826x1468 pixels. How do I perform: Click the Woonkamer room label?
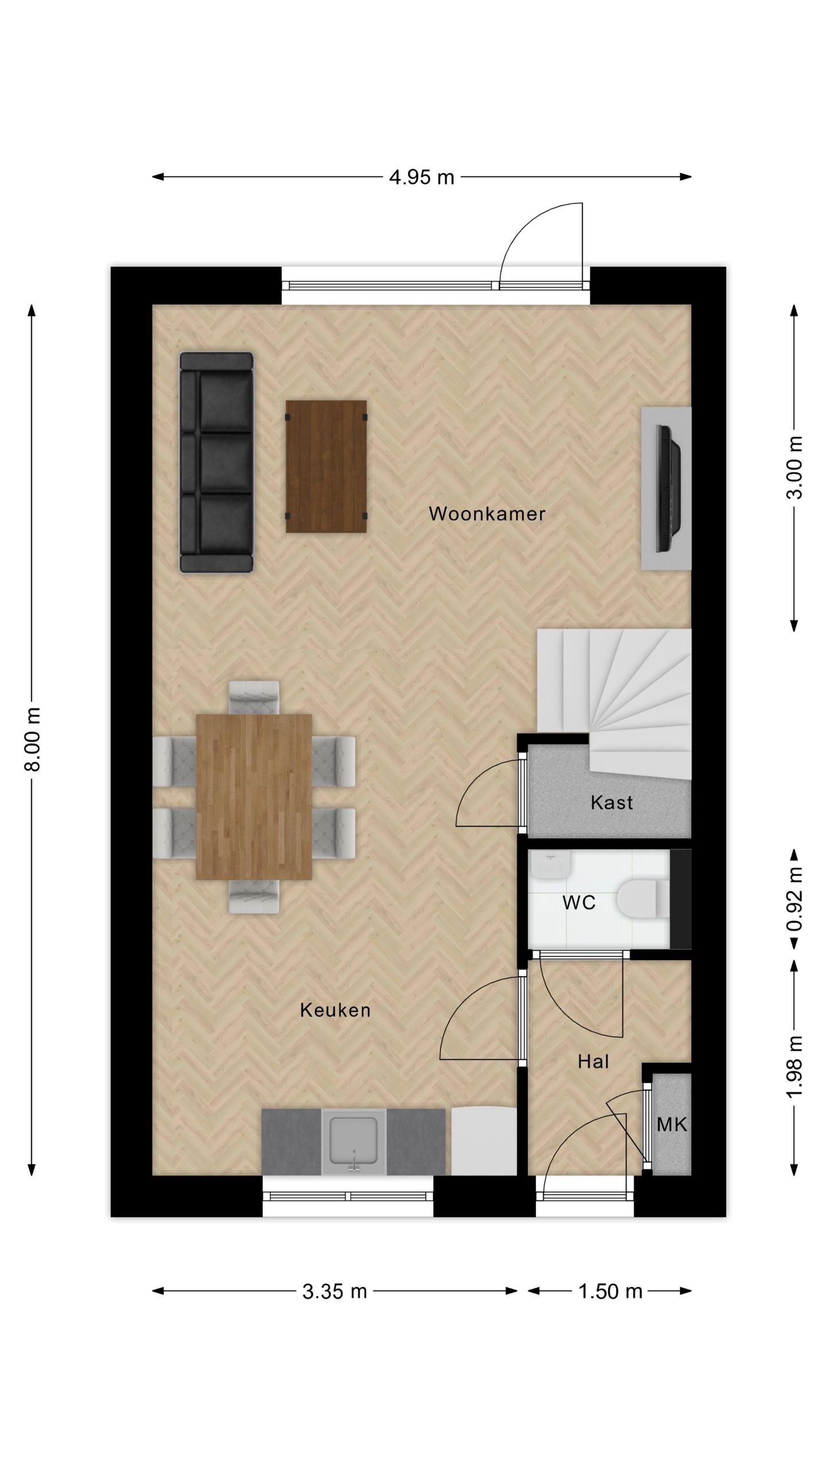(x=486, y=514)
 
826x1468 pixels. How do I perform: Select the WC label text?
(x=578, y=903)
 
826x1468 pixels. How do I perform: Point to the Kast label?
(x=611, y=802)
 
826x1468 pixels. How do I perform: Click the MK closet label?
(x=672, y=1125)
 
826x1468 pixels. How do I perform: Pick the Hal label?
(x=593, y=1062)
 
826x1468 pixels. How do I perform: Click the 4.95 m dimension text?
(x=421, y=177)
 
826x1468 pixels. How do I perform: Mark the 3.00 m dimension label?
(x=794, y=467)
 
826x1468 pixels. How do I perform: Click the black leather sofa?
(x=216, y=462)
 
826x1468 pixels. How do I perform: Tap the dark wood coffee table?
(x=326, y=466)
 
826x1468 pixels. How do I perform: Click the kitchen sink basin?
(x=353, y=1140)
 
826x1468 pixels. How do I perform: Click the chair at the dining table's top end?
(x=254, y=697)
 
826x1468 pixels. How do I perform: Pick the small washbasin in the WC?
(x=550, y=865)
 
